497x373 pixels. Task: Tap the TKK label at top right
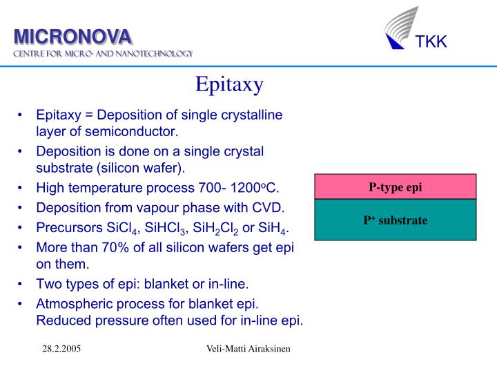(431, 42)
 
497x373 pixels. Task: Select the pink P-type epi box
(396, 186)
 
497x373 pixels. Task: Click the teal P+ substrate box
(396, 220)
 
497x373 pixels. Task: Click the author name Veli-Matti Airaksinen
(248, 350)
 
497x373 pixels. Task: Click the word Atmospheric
(73, 303)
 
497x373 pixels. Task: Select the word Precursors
(68, 228)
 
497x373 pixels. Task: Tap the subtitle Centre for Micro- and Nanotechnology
(104, 54)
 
